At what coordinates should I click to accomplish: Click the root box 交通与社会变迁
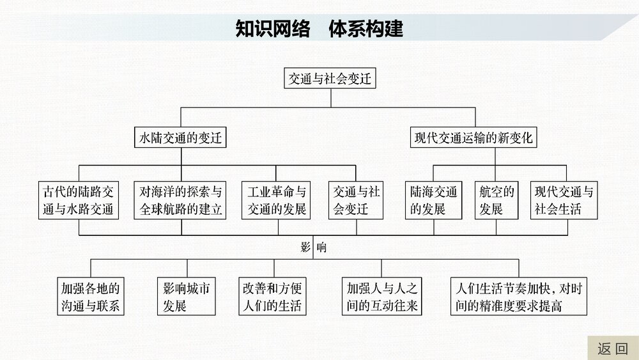pos(330,79)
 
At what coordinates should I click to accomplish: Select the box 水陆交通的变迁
pos(181,137)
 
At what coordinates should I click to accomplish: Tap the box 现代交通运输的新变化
pos(473,137)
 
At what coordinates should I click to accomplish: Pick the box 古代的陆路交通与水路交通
pos(79,200)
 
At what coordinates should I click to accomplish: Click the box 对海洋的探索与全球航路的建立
pos(181,200)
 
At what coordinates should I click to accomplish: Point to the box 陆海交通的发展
pos(434,200)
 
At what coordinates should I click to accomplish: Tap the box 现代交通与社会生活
pos(564,200)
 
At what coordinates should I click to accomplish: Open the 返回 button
pos(612,348)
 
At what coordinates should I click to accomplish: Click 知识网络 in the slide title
pos(273,29)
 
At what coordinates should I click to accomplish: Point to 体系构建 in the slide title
pos(366,29)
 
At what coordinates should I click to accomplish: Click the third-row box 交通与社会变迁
pos(357,200)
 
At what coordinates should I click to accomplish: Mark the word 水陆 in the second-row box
pos(152,137)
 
